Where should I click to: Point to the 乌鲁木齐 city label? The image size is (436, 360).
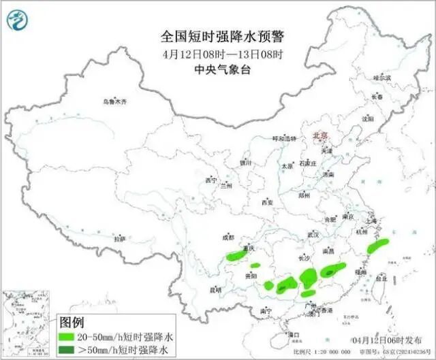114,101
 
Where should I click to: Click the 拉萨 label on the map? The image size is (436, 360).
120,239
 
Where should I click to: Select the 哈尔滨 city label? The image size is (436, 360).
382,78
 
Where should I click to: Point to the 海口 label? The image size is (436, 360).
294,334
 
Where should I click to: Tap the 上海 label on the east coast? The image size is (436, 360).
371,220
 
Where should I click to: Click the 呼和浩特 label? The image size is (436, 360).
284,138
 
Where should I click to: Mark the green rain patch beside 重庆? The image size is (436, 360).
235,257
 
